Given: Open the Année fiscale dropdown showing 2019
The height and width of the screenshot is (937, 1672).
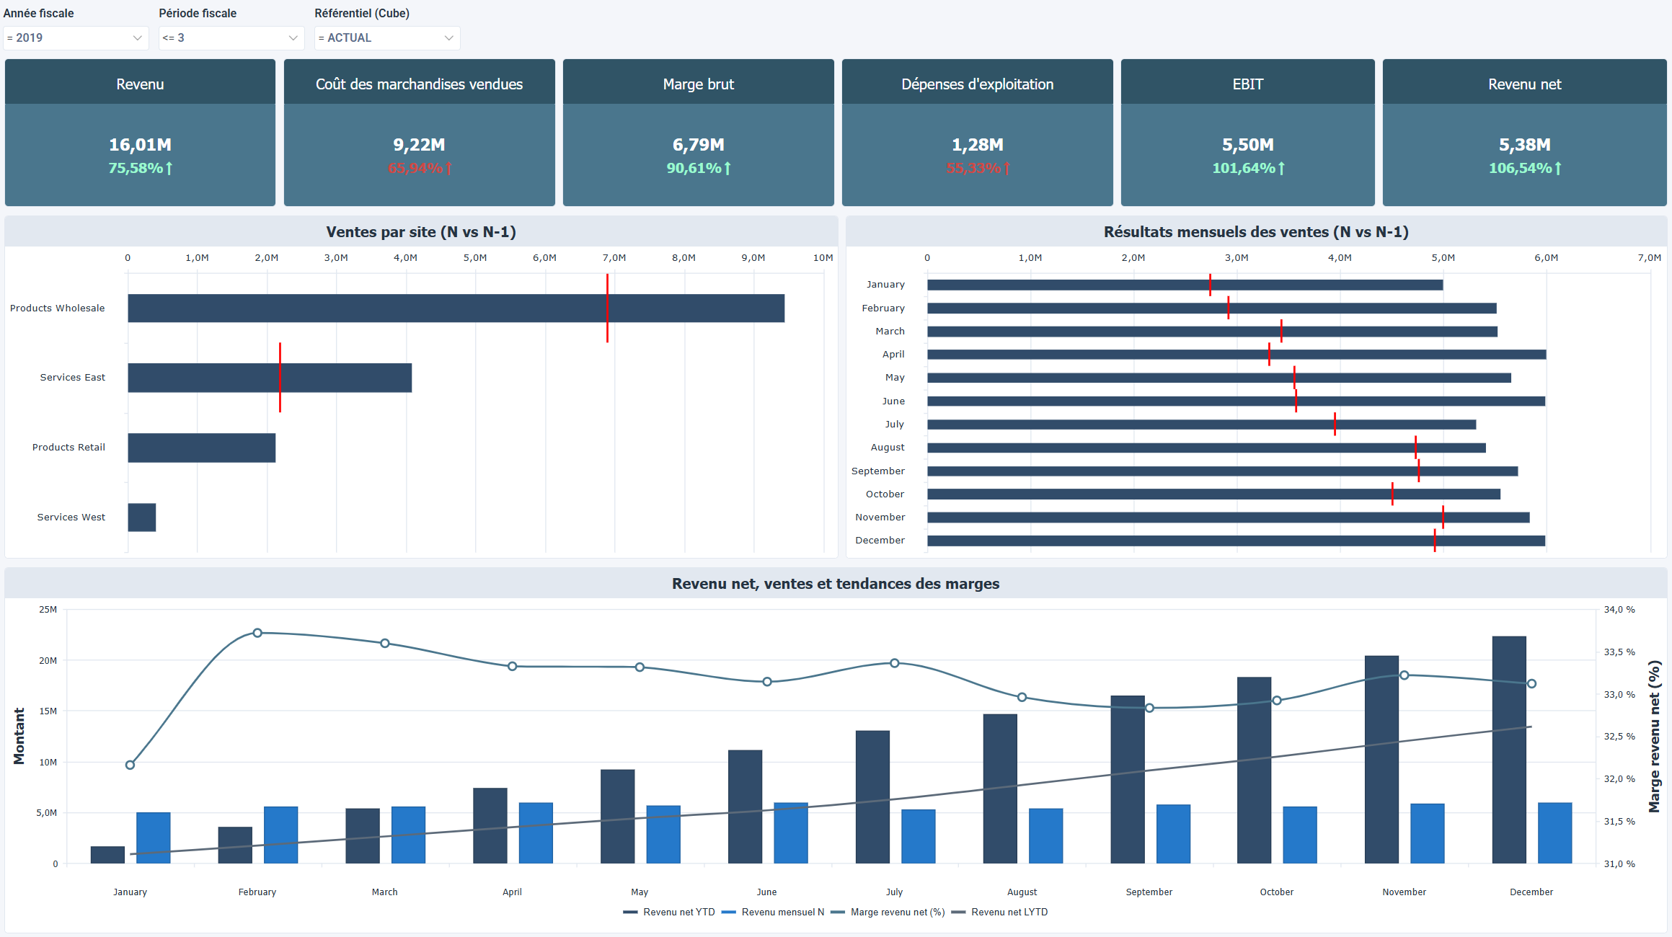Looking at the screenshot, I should [75, 38].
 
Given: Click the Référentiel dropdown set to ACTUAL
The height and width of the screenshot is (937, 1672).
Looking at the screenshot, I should [386, 38].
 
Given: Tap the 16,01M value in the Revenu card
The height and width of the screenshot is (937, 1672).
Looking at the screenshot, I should [140, 145].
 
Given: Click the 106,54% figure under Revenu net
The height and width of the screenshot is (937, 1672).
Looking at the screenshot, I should [1520, 168].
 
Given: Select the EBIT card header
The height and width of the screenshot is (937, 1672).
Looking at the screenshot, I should [1247, 84].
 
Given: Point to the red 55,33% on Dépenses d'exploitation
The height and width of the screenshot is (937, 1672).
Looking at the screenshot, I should [973, 168].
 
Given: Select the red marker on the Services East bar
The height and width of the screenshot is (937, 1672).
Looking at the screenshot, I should [280, 377].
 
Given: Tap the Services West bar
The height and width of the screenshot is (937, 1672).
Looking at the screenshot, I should [142, 517].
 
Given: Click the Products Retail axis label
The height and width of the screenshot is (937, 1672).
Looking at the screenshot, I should [68, 447].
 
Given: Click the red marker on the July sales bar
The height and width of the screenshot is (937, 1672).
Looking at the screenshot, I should [1335, 424].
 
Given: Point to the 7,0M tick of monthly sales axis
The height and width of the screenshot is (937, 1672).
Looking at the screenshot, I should [1649, 257].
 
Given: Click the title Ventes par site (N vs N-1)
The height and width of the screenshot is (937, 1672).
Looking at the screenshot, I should [420, 232].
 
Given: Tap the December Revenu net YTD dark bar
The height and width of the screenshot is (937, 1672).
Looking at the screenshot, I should [1508, 750].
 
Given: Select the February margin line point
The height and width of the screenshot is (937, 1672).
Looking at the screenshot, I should [257, 633].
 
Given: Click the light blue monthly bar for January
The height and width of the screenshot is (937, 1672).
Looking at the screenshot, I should [154, 838].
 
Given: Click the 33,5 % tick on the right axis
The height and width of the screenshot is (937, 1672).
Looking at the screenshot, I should [1619, 652].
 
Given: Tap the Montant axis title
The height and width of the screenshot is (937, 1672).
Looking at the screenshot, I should [19, 736].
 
